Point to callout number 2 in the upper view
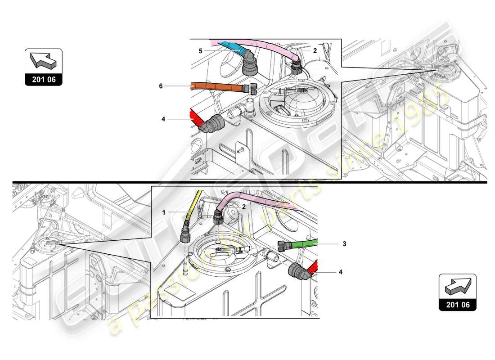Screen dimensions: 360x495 click(x=315, y=51)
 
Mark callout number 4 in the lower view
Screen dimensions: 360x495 click(x=341, y=272)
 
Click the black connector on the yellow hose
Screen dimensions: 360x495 click(x=185, y=234)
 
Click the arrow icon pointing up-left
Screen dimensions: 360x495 click(x=43, y=61)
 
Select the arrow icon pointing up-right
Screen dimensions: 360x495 click(x=457, y=286)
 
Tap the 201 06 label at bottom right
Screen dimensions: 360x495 click(x=457, y=305)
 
